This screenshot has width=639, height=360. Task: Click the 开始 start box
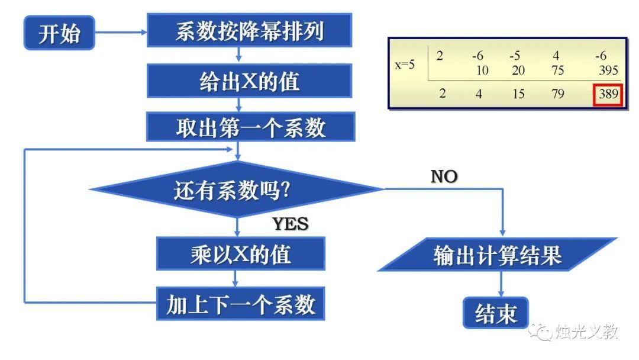[x=59, y=33]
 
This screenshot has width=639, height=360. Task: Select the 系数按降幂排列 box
[x=249, y=31]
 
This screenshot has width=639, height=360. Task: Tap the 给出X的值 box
[x=249, y=81]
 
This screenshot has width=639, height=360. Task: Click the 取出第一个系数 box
[x=249, y=127]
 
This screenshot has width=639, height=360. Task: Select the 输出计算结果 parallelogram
[x=497, y=255]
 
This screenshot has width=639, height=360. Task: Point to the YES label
[x=291, y=224]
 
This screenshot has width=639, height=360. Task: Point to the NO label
[x=444, y=176]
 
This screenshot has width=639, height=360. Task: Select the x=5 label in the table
[x=405, y=65]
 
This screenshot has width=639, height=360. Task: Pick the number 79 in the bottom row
[x=557, y=94]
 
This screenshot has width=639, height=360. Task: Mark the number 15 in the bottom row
[x=518, y=94]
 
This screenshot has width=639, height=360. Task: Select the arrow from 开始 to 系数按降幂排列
[x=121, y=33]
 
